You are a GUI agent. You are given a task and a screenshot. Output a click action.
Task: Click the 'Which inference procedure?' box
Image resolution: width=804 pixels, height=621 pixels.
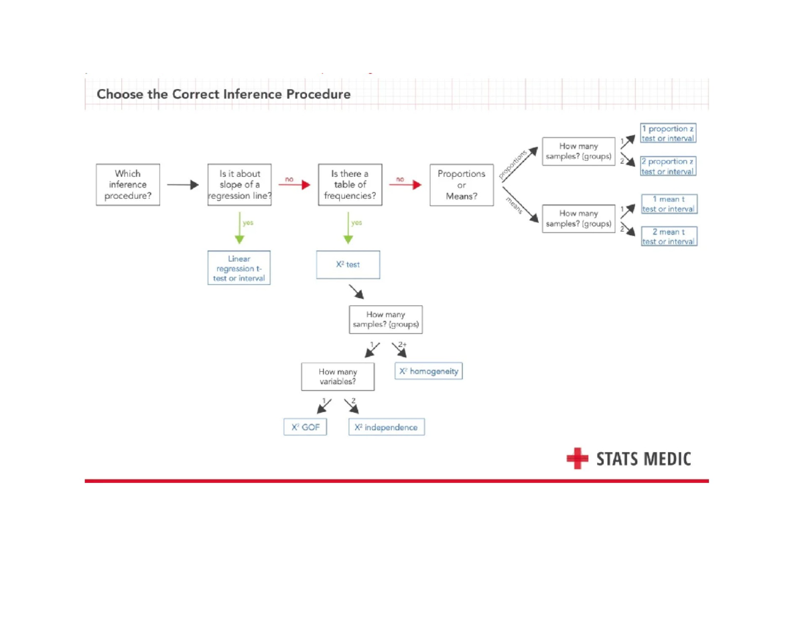(x=127, y=185)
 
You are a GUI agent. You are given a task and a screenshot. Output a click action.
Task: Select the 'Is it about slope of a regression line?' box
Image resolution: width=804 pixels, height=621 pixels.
(x=239, y=185)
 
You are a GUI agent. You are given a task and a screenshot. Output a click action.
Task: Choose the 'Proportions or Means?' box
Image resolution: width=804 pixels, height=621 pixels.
(x=461, y=185)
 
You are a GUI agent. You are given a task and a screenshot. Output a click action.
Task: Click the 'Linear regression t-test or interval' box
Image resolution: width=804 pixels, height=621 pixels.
(x=239, y=268)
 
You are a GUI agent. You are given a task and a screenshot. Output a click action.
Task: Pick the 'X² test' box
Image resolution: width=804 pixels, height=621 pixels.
(x=348, y=265)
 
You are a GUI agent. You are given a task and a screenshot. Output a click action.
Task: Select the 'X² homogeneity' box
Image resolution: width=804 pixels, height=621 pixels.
(x=428, y=371)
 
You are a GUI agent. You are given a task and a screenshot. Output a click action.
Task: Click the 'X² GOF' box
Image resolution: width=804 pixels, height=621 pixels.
(x=305, y=427)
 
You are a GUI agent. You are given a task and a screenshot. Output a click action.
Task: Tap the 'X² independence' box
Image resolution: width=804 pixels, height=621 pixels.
(x=386, y=427)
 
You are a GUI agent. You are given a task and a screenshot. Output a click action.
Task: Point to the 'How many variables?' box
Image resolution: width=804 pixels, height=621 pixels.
(x=337, y=377)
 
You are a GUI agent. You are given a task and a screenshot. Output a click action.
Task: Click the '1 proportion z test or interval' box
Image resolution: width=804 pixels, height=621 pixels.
(x=667, y=133)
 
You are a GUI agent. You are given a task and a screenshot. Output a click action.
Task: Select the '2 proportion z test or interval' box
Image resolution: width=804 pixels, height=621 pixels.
(x=667, y=166)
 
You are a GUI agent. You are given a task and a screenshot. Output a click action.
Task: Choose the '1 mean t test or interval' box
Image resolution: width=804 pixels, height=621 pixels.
(x=669, y=204)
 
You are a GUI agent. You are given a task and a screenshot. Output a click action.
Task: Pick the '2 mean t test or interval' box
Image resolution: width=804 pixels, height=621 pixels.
(x=669, y=236)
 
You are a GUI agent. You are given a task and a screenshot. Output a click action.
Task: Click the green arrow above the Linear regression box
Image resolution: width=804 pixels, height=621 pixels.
(x=239, y=229)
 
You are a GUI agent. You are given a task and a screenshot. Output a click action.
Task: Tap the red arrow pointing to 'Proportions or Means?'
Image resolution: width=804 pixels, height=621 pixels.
(x=404, y=186)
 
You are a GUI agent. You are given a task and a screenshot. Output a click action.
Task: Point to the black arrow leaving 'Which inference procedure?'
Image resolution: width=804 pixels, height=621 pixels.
(x=182, y=186)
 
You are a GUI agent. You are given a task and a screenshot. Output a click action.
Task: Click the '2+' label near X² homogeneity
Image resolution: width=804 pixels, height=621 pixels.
(x=403, y=344)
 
